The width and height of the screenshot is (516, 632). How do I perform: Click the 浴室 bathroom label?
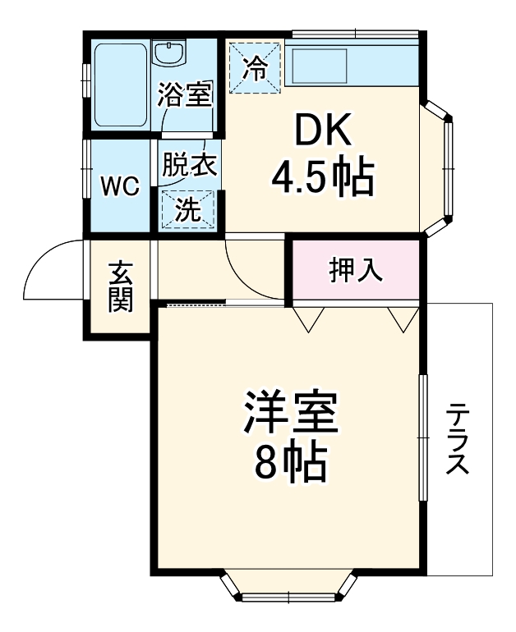(187, 95)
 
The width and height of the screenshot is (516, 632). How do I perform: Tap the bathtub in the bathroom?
(119, 84)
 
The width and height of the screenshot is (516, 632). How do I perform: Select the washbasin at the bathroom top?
(171, 53)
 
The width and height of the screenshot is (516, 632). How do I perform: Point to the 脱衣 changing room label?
(188, 164)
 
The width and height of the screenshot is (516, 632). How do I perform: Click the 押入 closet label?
(356, 270)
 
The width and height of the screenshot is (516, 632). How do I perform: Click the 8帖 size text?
(290, 465)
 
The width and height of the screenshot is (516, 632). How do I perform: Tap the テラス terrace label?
(458, 439)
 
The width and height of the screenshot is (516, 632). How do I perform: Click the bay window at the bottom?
(290, 589)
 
